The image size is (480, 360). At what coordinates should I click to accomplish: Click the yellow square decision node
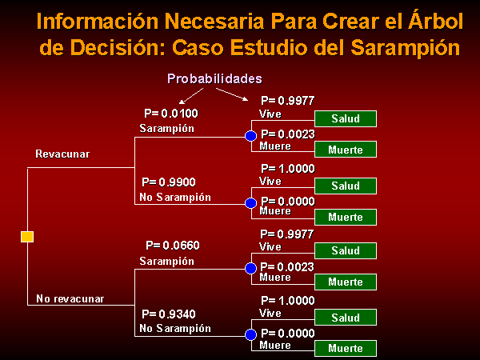(27, 237)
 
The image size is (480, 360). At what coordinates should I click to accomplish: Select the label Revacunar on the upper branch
(62, 154)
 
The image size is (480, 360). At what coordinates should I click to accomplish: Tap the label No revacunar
(70, 298)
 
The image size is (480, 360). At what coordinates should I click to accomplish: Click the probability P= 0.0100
(171, 114)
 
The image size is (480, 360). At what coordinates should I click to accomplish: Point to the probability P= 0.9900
(169, 182)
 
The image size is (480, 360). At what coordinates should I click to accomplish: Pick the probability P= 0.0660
(173, 246)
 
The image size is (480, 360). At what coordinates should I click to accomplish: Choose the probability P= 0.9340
(169, 314)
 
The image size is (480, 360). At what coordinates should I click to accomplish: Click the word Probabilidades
(214, 79)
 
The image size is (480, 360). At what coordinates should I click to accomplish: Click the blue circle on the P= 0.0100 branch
(250, 136)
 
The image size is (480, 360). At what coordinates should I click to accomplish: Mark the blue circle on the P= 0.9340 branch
(250, 334)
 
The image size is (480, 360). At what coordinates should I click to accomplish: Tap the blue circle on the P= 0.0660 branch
(250, 268)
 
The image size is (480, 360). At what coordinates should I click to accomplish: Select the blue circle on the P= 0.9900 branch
(250, 203)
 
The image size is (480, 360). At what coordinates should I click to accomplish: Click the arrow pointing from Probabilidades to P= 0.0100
(191, 96)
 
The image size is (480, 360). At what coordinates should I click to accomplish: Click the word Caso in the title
(198, 48)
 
